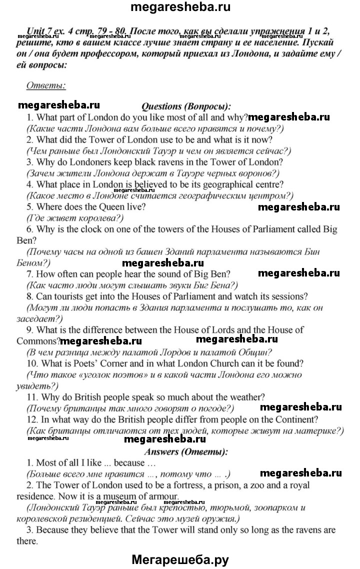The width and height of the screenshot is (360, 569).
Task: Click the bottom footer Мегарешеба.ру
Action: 179,558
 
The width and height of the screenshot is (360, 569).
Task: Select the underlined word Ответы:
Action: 45,85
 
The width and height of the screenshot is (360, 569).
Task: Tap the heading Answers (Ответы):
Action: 185,451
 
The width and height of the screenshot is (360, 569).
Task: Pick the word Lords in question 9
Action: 241,330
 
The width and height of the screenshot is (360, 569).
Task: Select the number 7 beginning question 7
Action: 29,273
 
